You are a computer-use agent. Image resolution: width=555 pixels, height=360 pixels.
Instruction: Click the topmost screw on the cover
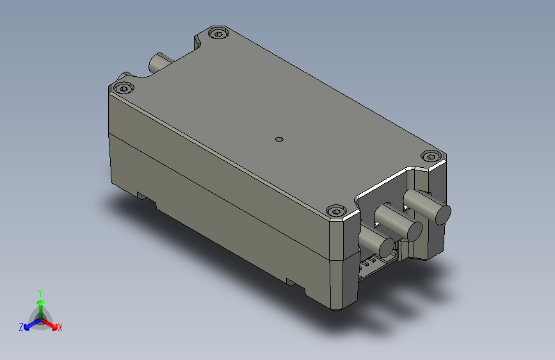tap(218, 34)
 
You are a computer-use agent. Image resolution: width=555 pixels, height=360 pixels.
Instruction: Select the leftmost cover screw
tap(123, 88)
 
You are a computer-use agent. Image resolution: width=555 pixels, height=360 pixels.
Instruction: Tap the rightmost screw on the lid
tap(431, 156)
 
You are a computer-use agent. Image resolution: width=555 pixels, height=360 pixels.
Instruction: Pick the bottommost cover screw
tap(336, 211)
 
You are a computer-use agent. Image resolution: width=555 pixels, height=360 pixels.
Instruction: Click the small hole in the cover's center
tap(279, 139)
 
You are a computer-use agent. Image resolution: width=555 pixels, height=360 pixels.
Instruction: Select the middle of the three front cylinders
tap(399, 222)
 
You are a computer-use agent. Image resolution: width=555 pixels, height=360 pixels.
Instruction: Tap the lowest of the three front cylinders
tap(376, 242)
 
